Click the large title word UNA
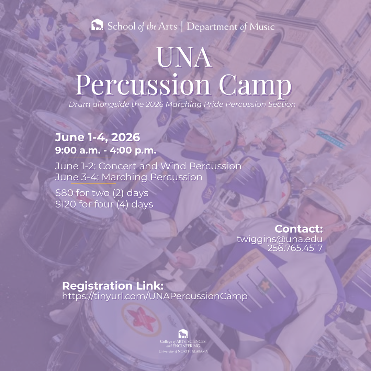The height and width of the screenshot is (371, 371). pos(184,58)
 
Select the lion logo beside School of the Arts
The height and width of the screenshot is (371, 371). pos(97,25)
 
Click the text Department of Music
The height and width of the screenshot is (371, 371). pos(231,26)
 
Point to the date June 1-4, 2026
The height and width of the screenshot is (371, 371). pos(98,137)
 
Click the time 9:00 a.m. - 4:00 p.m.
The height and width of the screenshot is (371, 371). pos(106,150)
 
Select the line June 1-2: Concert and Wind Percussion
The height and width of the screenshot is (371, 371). pos(148,166)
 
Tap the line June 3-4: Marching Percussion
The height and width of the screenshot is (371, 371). pos(128,177)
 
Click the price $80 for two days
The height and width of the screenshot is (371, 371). pos(102,193)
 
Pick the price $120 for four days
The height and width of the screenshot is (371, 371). pos(104,204)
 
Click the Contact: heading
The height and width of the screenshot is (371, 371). pos(299,229)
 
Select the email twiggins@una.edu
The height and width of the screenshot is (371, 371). pos(280,239)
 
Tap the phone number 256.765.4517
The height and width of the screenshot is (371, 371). pos(295,248)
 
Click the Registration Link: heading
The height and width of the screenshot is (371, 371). pos(113,286)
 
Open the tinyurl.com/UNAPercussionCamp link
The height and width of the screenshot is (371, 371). pos(155,296)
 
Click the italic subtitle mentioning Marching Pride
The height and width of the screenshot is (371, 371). pos(182,104)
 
